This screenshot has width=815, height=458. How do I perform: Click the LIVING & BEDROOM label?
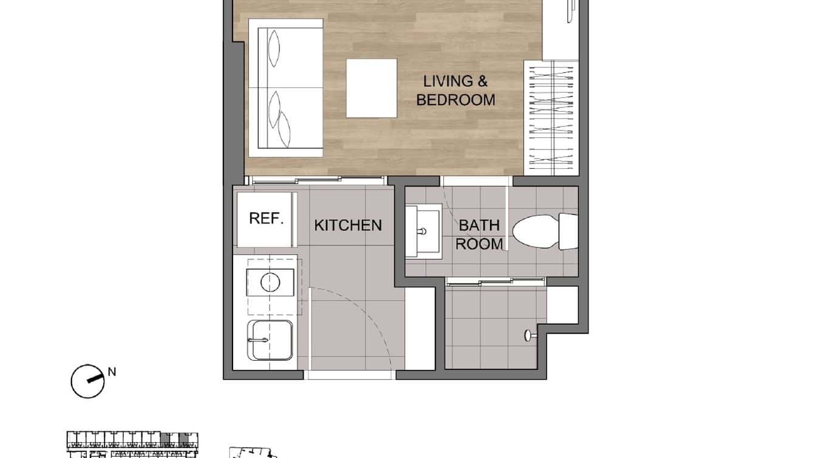[455, 91]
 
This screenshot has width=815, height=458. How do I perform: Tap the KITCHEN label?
[348, 225]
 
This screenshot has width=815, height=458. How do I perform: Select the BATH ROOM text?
[479, 234]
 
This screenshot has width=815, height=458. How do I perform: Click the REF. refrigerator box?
[267, 219]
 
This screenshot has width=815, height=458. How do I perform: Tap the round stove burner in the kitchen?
[270, 282]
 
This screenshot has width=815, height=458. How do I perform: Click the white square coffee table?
[372, 88]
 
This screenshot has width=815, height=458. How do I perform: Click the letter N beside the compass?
[112, 372]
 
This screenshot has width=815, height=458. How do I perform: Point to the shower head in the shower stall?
[529, 333]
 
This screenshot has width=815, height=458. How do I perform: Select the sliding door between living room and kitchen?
[316, 180]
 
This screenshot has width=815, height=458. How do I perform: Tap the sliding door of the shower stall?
[495, 281]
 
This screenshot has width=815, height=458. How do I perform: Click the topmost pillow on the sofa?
[275, 47]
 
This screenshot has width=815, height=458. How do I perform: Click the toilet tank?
[567, 231]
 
